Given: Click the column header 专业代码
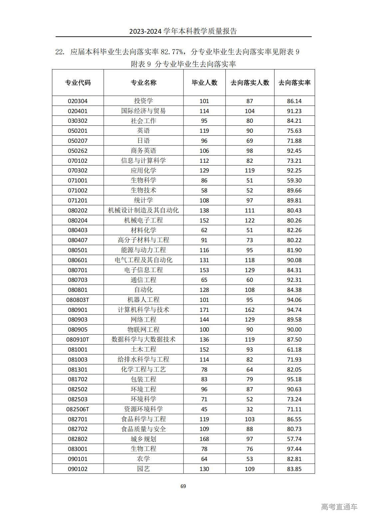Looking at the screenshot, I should [x=78, y=83].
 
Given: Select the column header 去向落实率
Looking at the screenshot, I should [x=294, y=83].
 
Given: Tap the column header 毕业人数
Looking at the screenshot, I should [x=204, y=83].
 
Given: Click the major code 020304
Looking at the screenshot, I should [x=78, y=101].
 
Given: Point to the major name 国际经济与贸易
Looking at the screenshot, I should [x=143, y=111].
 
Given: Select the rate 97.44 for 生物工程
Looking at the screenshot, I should [x=294, y=449].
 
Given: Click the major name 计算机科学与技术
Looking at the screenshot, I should [x=143, y=310].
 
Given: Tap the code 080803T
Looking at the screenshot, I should [x=78, y=300].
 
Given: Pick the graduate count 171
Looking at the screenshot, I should [x=204, y=310].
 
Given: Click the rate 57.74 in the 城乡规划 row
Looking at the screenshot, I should [x=294, y=439].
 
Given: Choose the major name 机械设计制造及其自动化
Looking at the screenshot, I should [x=143, y=210].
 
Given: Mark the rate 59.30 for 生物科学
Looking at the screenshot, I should [x=294, y=180].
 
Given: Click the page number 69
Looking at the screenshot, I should [x=183, y=486].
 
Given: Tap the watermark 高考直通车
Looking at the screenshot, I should [x=339, y=507].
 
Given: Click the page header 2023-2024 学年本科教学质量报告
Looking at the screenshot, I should [x=183, y=31].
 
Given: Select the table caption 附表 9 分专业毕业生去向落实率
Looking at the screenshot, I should [x=183, y=64].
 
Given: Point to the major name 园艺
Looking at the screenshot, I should [x=143, y=469].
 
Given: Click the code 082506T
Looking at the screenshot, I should [x=78, y=409].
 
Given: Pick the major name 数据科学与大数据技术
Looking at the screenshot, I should [x=143, y=340].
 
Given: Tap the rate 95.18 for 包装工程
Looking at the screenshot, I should [x=294, y=379].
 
